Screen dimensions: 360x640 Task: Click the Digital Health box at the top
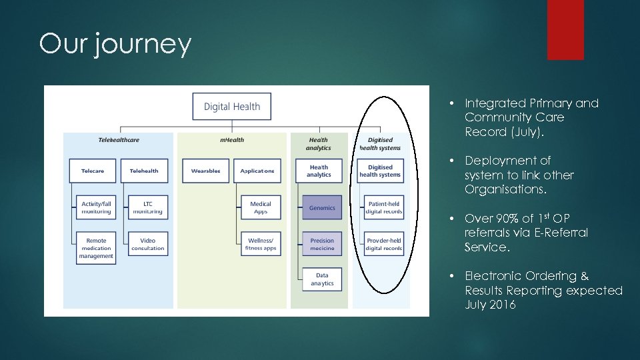pos(232,107)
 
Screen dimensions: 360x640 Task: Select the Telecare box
pos(93,171)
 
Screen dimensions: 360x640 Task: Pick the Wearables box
pos(205,171)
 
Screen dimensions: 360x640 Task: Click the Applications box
pos(257,171)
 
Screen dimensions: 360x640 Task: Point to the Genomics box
pos(322,208)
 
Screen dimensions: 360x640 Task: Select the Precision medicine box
pos(322,245)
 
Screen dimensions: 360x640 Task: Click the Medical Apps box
pos(261,208)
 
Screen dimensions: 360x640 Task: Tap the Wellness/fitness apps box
pos(261,245)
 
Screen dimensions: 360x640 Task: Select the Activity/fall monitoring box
pos(96,208)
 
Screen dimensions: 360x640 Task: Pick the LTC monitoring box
pos(147,208)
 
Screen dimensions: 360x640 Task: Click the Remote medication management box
pos(96,248)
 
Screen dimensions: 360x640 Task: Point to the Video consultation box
pos(147,245)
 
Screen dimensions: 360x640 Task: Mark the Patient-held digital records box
pos(384,208)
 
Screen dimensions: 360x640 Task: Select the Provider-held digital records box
pos(384,245)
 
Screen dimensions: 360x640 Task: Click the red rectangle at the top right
pos(565,30)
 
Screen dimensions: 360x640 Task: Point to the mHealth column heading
pos(232,140)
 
